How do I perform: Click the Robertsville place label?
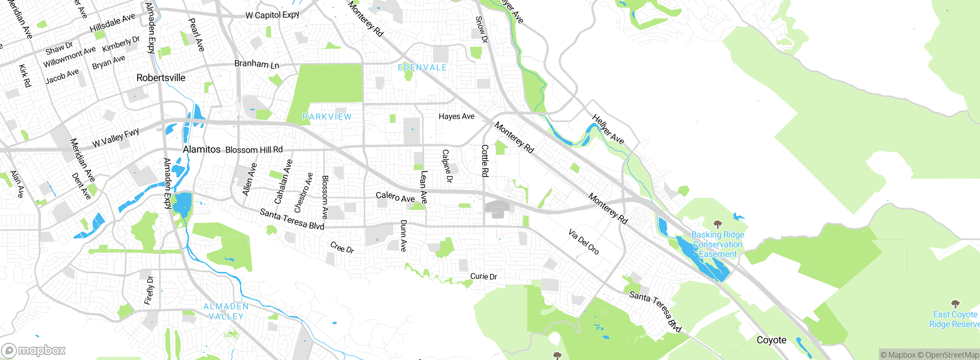tap(161, 78)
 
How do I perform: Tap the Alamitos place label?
tap(202, 149)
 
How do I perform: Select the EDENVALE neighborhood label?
tap(422, 68)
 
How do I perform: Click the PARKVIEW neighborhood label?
tap(327, 117)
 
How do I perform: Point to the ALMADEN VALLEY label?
tap(226, 311)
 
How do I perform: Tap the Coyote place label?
tap(771, 340)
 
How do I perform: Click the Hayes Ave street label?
tap(456, 116)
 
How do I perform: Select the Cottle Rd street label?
tap(485, 161)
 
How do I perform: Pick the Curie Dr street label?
tap(483, 277)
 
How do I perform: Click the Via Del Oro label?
tap(583, 242)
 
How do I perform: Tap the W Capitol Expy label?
tap(272, 15)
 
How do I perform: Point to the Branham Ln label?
tap(257, 64)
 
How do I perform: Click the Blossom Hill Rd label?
tap(254, 150)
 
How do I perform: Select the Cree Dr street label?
tap(342, 247)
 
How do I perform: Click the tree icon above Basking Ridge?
tap(718, 224)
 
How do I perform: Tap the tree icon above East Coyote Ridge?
tap(955, 304)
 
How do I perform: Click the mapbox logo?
tap(34, 350)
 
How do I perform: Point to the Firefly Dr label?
tap(149, 290)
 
